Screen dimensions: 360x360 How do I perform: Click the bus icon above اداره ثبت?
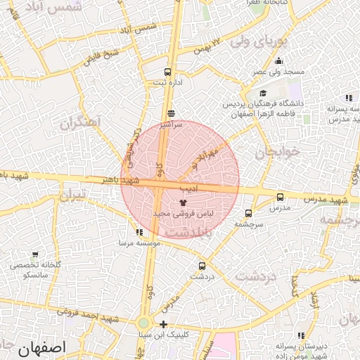tap(167, 72)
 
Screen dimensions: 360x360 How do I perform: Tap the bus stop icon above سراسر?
tap(171, 113)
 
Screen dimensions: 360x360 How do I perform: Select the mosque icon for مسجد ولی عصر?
tap(279, 61)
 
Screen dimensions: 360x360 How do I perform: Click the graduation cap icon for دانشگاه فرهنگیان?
tap(263, 93)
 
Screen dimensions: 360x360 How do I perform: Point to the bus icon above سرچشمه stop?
tap(248, 213)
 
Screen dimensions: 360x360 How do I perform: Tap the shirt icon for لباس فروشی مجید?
tap(174, 202)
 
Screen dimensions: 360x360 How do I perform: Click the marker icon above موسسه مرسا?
tap(139, 232)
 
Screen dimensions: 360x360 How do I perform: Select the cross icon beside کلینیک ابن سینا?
tap(164, 324)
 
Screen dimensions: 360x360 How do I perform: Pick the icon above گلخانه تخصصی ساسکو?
tap(36, 255)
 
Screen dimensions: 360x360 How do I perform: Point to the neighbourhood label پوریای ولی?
tap(250, 41)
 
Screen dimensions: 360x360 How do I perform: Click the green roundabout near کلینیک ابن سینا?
tap(144, 323)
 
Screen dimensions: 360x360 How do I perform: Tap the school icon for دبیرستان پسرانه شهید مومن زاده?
tap(302, 335)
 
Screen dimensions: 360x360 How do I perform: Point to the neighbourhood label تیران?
tap(72, 193)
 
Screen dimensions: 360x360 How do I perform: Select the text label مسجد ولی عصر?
tap(280, 72)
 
